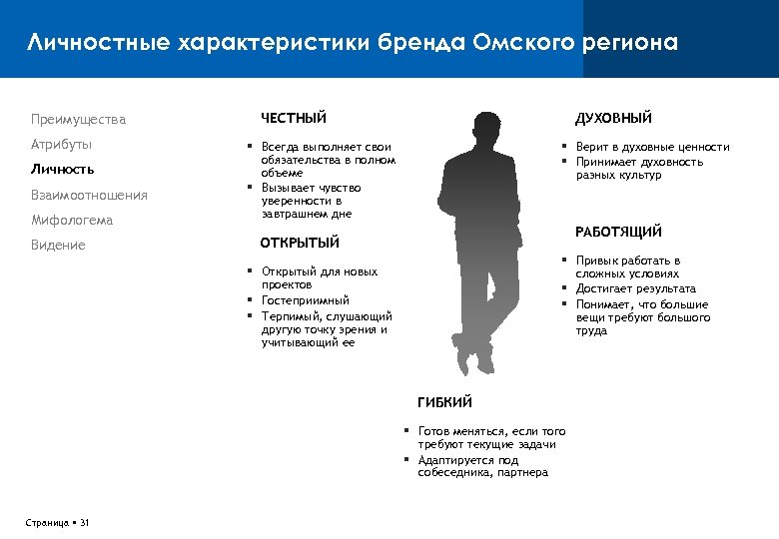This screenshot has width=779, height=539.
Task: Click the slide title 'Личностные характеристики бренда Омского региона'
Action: pos(353,43)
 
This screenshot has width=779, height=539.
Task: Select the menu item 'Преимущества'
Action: pos(78,120)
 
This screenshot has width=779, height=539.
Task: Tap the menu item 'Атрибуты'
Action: pos(59,144)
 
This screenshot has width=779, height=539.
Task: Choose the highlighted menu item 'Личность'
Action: pos(62,169)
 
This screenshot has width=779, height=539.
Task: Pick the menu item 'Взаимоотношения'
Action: pos(89,195)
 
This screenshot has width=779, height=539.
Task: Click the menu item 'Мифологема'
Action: pos(71,220)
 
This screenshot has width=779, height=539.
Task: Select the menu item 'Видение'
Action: pos(58,245)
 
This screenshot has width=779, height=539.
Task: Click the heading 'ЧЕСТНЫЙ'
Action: pos(294,119)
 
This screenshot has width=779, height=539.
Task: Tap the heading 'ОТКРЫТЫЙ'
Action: pos(300,243)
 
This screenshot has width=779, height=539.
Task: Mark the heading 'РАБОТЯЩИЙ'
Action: pos(618,233)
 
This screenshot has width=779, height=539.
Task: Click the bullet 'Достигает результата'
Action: pos(635,288)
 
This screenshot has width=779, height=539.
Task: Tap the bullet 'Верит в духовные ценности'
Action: pos(652,147)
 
